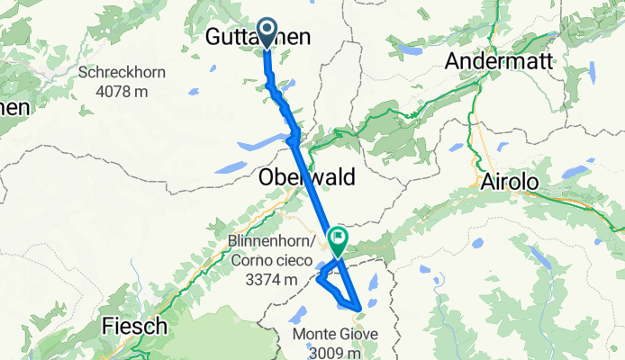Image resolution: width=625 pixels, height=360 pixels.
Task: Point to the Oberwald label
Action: [x=306, y=175]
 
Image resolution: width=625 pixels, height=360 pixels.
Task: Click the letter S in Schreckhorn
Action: [x=83, y=73]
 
